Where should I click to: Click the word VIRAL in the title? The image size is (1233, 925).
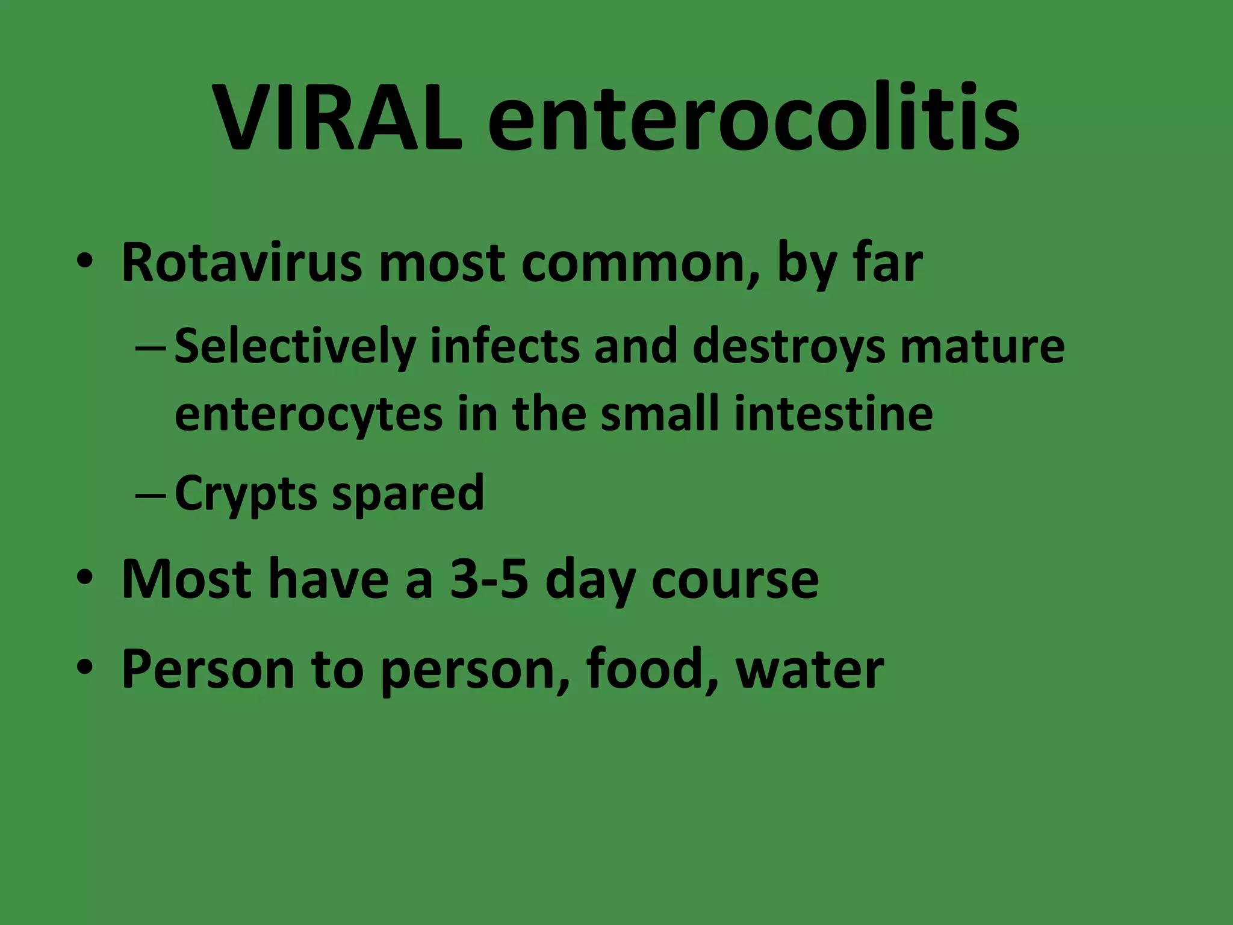coord(338,117)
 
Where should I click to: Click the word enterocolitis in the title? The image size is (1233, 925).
coord(753,117)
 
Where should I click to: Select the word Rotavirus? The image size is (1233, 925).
coord(241,263)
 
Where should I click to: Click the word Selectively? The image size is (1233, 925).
coord(295,346)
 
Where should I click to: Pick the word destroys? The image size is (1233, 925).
coord(789,346)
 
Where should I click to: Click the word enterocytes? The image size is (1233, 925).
coord(308,414)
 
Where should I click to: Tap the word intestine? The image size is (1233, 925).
coord(833,414)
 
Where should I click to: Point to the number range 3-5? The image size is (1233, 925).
coord(489,579)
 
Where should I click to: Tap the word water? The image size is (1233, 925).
coord(810,668)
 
